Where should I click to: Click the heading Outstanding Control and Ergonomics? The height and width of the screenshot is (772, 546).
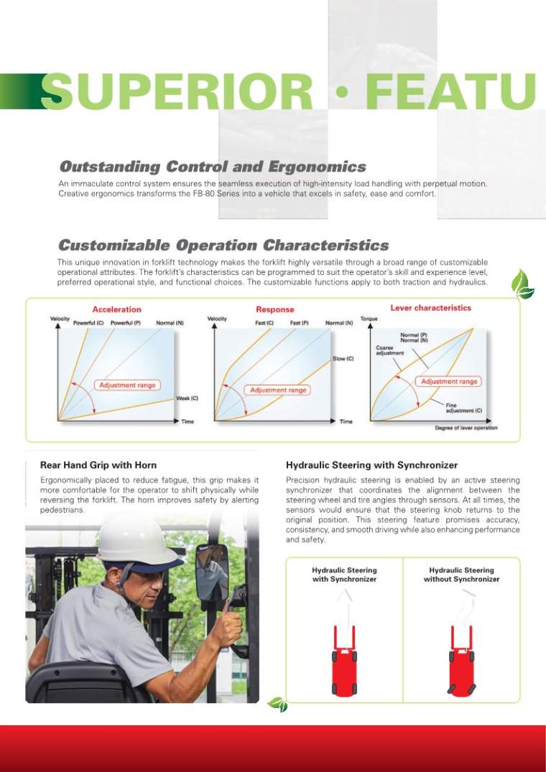point(212,167)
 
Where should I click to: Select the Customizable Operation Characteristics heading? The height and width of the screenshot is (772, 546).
point(223,246)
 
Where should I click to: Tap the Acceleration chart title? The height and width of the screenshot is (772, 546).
point(117,310)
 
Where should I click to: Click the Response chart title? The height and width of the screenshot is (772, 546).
point(274,310)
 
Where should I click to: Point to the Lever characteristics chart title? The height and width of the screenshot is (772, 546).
point(430,308)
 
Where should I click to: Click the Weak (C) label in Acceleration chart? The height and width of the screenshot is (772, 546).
point(187,398)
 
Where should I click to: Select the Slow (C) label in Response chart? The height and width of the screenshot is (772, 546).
point(343,358)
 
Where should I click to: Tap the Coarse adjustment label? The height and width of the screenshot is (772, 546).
point(386,350)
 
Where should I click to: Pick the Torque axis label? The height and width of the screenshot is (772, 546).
point(369,319)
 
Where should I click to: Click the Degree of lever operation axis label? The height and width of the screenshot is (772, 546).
point(466,428)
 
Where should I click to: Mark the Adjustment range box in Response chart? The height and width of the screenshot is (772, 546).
point(278,390)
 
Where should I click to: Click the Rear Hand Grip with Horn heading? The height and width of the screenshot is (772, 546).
point(98,465)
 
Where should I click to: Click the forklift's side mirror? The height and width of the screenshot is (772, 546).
point(211,572)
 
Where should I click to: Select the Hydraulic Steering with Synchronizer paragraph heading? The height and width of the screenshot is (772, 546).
point(371,465)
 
